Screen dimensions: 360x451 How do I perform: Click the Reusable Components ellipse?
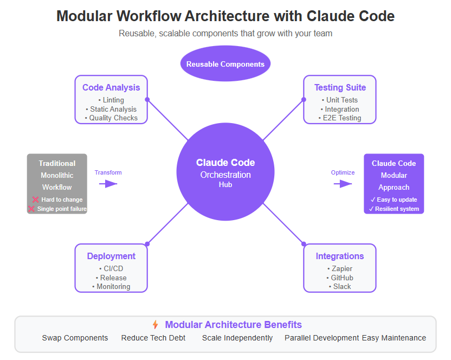coord(225,64)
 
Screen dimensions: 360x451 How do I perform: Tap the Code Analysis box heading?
coord(111,87)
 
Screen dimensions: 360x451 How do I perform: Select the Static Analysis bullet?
coord(111,109)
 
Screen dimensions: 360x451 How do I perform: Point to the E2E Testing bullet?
coord(340,118)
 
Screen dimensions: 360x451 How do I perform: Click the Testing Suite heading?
coord(340,87)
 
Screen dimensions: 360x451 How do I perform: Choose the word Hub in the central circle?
coord(225,185)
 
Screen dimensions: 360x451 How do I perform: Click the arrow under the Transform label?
coord(108,184)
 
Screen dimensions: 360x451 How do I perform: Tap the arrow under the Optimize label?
coord(343,184)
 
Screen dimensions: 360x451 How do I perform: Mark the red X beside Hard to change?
coord(35,200)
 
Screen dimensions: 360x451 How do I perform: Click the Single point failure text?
coord(61,209)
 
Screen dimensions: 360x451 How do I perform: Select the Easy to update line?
coord(394,200)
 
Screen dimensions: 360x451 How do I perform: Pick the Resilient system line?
coord(394,209)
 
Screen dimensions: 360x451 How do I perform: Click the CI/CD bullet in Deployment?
coord(111,268)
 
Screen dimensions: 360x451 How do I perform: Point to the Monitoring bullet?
coord(111,286)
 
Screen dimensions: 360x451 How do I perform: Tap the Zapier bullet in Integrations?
coord(340,268)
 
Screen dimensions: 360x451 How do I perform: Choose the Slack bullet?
coord(340,286)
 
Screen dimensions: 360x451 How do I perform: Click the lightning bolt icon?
coord(156,325)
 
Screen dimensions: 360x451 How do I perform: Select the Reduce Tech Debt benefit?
coord(153,338)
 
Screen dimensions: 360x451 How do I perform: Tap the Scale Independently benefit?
coord(237,338)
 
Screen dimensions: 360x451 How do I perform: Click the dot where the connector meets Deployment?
coord(147,244)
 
